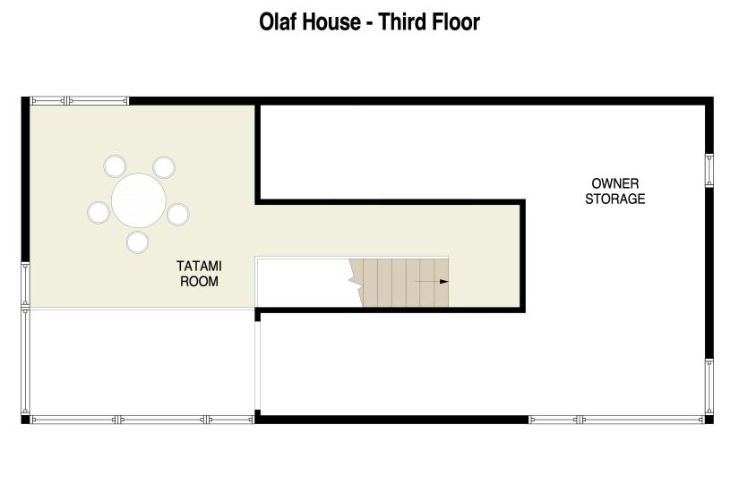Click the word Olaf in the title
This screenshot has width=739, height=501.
tap(278, 22)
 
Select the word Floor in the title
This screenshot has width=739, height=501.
tap(455, 22)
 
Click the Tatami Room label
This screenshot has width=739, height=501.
tap(199, 274)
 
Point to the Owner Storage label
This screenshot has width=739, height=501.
tap(615, 191)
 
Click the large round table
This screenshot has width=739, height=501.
tap(139, 200)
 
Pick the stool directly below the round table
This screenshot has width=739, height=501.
tap(138, 242)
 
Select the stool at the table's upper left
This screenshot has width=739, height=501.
tap(115, 166)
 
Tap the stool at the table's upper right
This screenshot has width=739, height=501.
tap(164, 167)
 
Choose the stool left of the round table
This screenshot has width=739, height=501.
tap(99, 212)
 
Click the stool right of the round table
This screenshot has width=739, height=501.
tap(178, 214)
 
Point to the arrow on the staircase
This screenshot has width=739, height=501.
tap(432, 282)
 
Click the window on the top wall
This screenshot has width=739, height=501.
tap(79, 100)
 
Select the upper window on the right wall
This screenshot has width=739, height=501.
tap(709, 171)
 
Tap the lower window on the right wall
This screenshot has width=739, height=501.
tap(709, 387)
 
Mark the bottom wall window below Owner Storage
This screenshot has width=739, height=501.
tap(616, 420)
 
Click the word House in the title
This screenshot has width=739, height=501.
tap(331, 22)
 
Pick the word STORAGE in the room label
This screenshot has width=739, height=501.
tap(615, 199)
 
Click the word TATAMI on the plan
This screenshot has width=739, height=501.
tap(199, 266)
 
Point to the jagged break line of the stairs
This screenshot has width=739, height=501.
tap(356, 283)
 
